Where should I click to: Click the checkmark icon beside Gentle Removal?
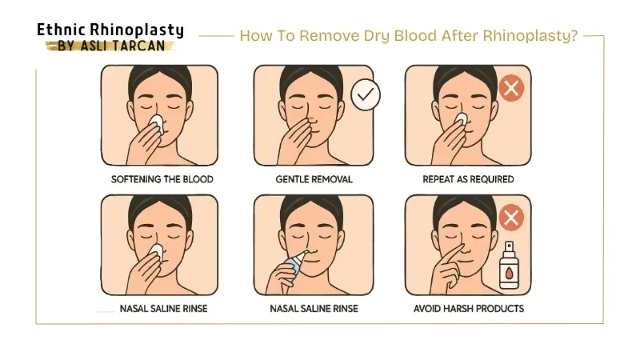366,95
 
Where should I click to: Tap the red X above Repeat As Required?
510,87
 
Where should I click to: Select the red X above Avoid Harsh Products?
510,217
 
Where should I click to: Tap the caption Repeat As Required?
468,179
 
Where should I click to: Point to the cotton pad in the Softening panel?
157,122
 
